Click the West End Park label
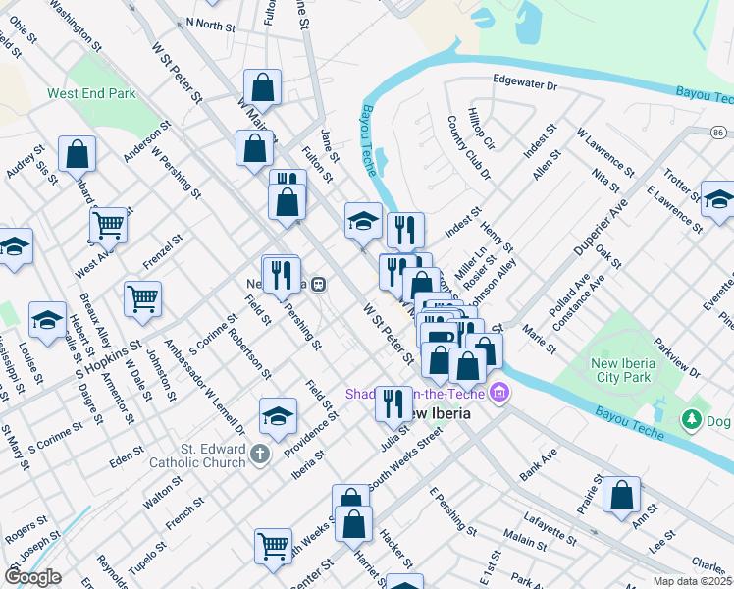click(x=90, y=95)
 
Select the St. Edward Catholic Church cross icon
click(x=259, y=454)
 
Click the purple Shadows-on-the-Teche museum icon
click(x=499, y=393)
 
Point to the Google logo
click(x=32, y=577)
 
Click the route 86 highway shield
click(x=719, y=131)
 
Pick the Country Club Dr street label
click(x=469, y=147)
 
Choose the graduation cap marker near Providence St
click(x=279, y=415)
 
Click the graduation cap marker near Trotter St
click(x=718, y=198)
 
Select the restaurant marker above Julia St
click(x=393, y=402)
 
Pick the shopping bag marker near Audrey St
click(x=77, y=153)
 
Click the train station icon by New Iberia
click(x=319, y=284)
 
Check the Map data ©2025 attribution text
click(x=691, y=581)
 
